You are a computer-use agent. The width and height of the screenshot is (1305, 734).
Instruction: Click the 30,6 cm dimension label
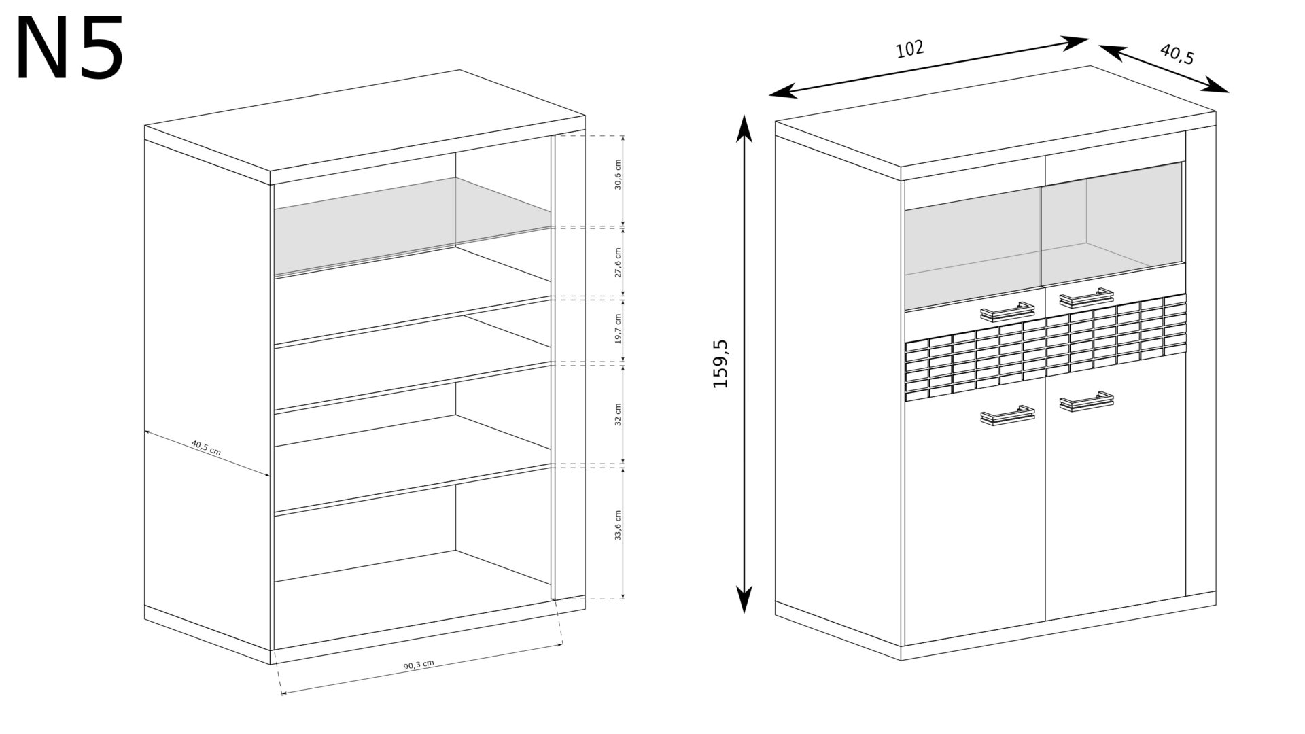[618, 175]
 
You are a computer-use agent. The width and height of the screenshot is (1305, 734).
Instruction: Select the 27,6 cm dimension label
[618, 262]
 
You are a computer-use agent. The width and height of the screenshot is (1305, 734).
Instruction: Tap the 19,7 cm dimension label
[618, 328]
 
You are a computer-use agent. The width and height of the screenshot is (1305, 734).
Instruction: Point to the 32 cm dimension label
[618, 414]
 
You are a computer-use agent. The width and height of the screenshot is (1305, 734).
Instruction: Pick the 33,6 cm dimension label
[618, 525]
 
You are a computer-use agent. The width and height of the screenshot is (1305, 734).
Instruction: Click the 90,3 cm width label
[419, 664]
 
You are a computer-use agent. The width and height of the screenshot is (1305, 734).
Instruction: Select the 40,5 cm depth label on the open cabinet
[206, 448]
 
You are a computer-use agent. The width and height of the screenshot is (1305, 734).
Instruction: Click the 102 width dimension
[910, 49]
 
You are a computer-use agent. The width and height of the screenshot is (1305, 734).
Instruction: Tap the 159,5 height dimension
[720, 364]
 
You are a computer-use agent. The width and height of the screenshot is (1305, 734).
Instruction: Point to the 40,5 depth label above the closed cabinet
[1177, 54]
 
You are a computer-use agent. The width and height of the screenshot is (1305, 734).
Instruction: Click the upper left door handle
[1007, 311]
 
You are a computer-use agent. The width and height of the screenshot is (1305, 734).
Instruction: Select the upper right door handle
[1085, 297]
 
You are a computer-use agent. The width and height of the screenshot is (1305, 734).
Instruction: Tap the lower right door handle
[1086, 402]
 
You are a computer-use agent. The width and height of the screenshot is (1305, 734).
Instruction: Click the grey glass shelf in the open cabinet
[412, 226]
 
